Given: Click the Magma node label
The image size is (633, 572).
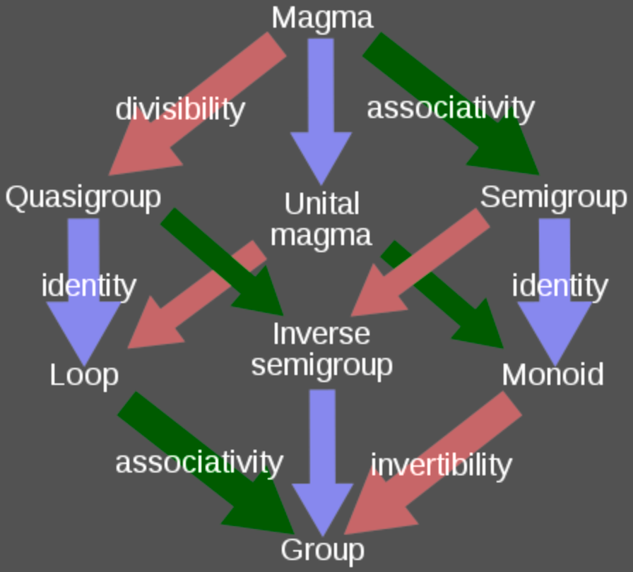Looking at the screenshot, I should (x=322, y=18).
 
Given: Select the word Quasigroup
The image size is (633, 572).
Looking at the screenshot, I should (x=83, y=198).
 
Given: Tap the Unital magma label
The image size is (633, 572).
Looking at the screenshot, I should (x=322, y=219).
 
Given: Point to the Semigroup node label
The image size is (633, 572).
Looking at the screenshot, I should (x=553, y=198).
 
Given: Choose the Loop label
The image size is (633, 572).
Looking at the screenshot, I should (x=84, y=375).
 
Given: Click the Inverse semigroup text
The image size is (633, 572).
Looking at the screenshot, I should (x=322, y=349).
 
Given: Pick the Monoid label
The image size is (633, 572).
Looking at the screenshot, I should (x=552, y=374).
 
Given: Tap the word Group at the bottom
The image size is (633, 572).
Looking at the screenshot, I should (x=322, y=549).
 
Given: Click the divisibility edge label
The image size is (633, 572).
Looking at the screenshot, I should (x=180, y=109).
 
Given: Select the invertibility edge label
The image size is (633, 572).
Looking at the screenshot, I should (x=441, y=465).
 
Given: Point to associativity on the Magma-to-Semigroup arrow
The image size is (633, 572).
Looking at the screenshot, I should (x=450, y=108).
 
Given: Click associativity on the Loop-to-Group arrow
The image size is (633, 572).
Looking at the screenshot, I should (x=199, y=463).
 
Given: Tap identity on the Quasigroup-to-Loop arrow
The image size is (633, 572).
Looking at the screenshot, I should (x=88, y=286).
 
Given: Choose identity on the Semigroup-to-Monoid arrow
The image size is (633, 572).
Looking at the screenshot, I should (x=560, y=286).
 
